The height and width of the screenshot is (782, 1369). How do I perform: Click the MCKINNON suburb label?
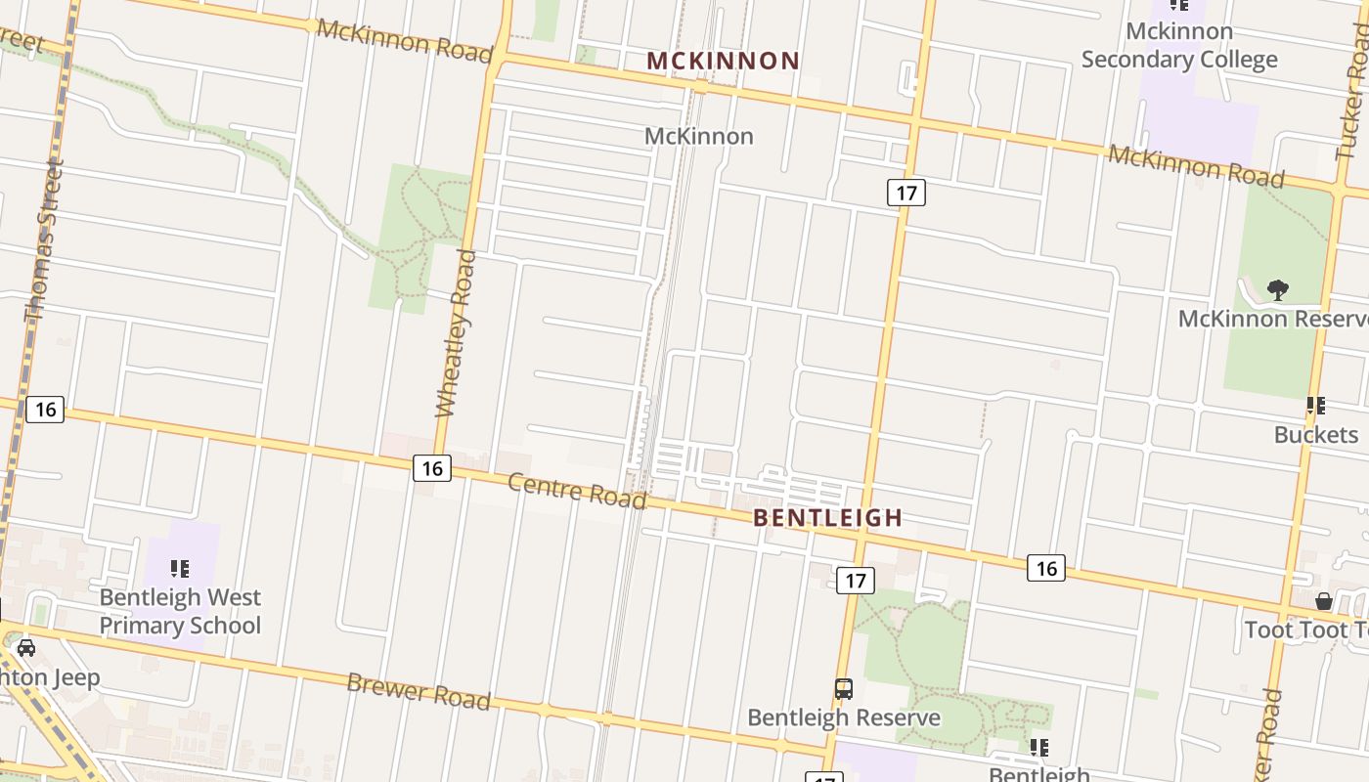724,61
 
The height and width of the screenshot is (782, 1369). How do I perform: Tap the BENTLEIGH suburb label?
827,517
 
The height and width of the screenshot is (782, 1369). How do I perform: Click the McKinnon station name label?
698,136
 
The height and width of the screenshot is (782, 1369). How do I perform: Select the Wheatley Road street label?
455,332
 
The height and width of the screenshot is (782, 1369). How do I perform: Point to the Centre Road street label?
577,491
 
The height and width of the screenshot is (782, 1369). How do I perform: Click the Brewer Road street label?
418,690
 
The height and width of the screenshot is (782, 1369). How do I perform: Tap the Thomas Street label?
44,239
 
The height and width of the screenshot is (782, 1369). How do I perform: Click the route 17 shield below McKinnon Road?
905,193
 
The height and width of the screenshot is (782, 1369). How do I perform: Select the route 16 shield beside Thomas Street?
44,409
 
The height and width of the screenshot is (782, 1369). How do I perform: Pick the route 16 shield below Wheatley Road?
431,468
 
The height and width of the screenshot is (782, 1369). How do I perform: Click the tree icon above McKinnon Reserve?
1277,289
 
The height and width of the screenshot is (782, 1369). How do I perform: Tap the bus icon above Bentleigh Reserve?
843,689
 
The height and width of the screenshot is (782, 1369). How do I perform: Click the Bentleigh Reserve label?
843,717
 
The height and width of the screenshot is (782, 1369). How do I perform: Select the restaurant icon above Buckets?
1316,405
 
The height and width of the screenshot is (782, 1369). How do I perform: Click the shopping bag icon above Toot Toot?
1324,600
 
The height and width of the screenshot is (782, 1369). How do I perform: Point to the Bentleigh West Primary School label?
180,611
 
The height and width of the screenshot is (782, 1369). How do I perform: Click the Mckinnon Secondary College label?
1178,45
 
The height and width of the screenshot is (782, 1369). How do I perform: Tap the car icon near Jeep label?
26,647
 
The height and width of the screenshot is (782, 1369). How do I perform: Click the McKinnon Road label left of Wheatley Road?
404,39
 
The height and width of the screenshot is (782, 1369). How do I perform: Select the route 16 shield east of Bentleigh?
1045,568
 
